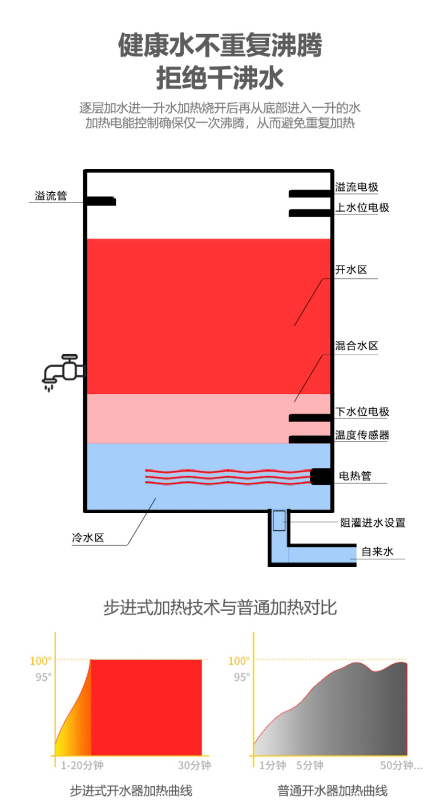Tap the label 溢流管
coord(51,196)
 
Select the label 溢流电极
coord(357,187)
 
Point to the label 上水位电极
coord(362,208)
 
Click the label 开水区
coord(351,270)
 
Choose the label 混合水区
coord(357,346)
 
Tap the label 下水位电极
coord(362,412)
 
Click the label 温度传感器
coord(362,435)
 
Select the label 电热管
coord(355,476)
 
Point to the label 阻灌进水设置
coord(373,523)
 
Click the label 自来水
coord(377,551)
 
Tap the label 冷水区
coord(88,538)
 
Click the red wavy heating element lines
coord(228,477)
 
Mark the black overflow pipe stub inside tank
coord(101,201)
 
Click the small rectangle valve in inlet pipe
coord(279,521)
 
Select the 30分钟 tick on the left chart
coord(194,765)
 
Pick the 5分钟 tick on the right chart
coord(310,765)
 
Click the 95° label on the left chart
coord(43,677)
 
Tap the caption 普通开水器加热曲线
coord(332,791)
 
